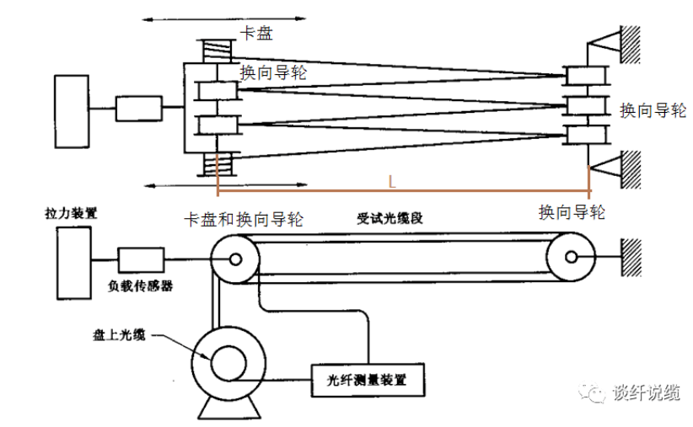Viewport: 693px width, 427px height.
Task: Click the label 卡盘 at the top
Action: pos(257,34)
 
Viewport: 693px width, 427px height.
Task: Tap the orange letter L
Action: pos(392,181)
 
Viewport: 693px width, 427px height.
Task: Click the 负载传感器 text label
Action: pos(138,286)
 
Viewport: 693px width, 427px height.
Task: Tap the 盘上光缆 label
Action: pos(119,334)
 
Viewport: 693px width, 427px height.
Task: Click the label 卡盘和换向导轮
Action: pos(244,219)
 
